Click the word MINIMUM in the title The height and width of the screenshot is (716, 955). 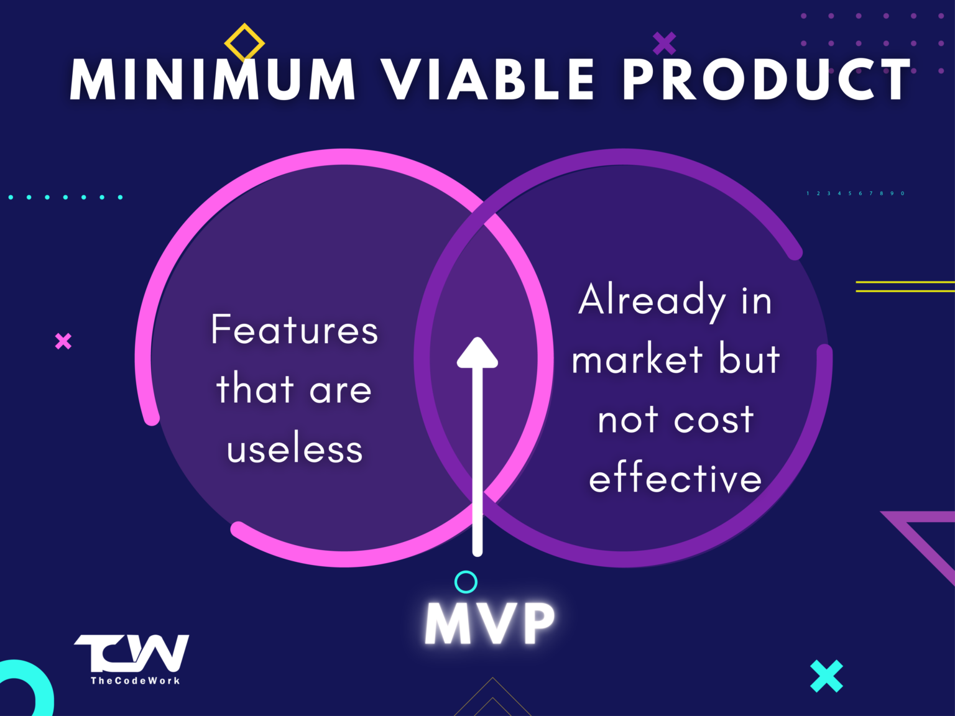pos(213,80)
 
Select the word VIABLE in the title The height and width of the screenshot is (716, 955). pos(489,80)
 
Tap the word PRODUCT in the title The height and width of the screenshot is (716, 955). pos(767,80)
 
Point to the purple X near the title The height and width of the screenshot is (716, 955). pos(665,44)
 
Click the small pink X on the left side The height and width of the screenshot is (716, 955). pos(63,341)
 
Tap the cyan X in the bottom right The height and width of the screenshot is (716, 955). pos(827,676)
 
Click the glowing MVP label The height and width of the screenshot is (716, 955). pos(491,623)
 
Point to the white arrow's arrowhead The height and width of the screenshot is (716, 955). pos(477,353)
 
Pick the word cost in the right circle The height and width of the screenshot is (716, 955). pos(714,420)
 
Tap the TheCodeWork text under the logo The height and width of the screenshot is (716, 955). pos(136,681)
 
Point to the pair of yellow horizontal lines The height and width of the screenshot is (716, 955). pos(905,287)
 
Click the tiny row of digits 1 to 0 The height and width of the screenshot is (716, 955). pos(856,193)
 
